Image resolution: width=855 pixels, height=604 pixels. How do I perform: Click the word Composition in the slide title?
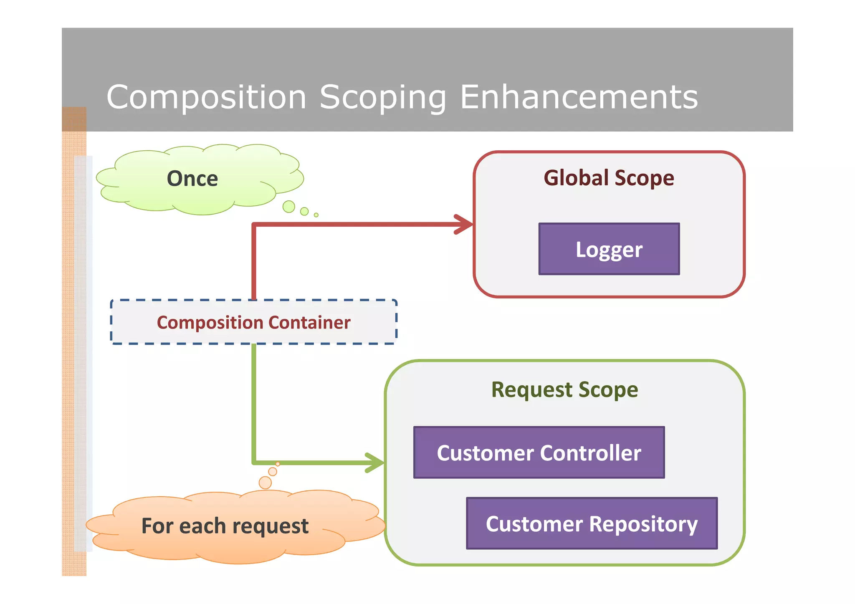click(x=206, y=97)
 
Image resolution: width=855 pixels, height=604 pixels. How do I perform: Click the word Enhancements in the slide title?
click(x=579, y=97)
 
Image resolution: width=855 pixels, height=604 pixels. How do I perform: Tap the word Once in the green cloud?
click(x=192, y=179)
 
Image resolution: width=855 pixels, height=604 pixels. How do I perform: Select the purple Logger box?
click(x=609, y=249)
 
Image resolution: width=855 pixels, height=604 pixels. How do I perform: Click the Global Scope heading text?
click(x=609, y=178)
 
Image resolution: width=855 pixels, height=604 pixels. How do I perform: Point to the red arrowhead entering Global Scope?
click(x=464, y=225)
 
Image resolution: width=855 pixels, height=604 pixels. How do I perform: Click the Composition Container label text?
click(x=253, y=323)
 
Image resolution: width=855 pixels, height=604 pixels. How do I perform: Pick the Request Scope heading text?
click(x=564, y=390)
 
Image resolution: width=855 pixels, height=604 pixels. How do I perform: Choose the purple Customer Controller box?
click(x=539, y=452)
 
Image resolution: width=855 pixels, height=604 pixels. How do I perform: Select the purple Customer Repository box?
click(x=592, y=523)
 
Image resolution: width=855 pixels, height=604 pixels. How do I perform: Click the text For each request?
click(x=225, y=526)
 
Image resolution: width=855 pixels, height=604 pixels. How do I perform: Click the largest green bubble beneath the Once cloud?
click(x=288, y=207)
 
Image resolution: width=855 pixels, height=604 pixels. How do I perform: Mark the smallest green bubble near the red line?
click(x=316, y=215)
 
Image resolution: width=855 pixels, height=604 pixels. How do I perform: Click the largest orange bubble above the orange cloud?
click(x=265, y=483)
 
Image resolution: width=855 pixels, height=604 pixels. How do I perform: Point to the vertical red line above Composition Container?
click(x=254, y=263)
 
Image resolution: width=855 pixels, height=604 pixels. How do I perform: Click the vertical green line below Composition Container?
click(x=254, y=401)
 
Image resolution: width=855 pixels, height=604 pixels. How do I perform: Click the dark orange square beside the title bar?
click(x=74, y=119)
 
